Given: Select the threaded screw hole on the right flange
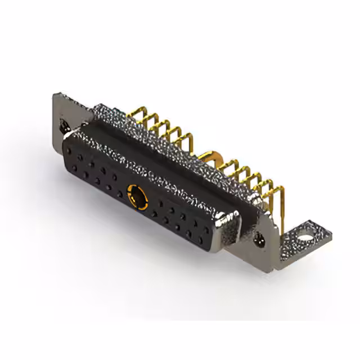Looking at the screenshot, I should click(260, 241).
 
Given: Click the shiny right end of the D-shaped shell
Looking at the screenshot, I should click(231, 225).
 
